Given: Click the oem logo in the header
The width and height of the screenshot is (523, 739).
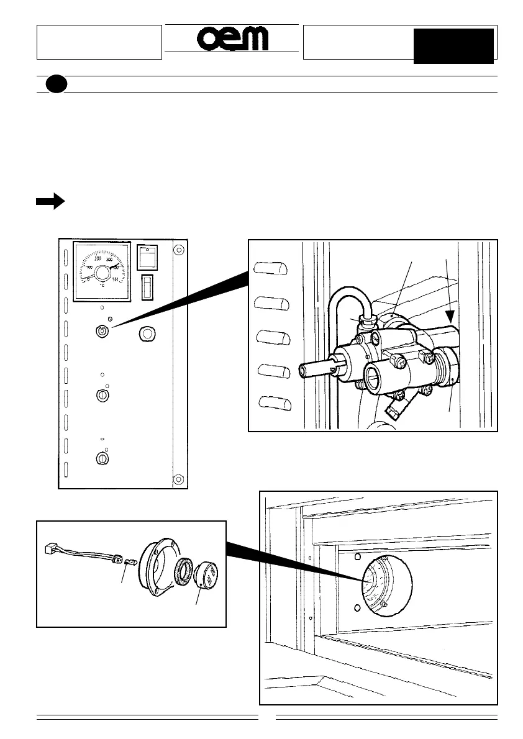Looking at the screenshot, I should tap(233, 39).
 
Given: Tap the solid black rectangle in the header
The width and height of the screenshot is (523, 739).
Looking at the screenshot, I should tap(453, 45).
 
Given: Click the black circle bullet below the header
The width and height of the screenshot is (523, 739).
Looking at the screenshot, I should tap(56, 84).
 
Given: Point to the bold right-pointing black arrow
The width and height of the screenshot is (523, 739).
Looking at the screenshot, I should tap(50, 201).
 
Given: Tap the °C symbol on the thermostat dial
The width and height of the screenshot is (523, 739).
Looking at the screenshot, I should tap(102, 285).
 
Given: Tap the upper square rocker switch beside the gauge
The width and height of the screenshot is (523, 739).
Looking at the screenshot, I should tap(147, 256).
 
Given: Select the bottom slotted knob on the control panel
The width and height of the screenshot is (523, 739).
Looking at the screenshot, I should tap(102, 459).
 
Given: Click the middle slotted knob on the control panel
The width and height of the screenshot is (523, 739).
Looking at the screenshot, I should tap(102, 395).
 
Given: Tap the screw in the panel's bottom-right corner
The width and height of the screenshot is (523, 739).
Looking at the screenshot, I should tap(178, 479).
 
